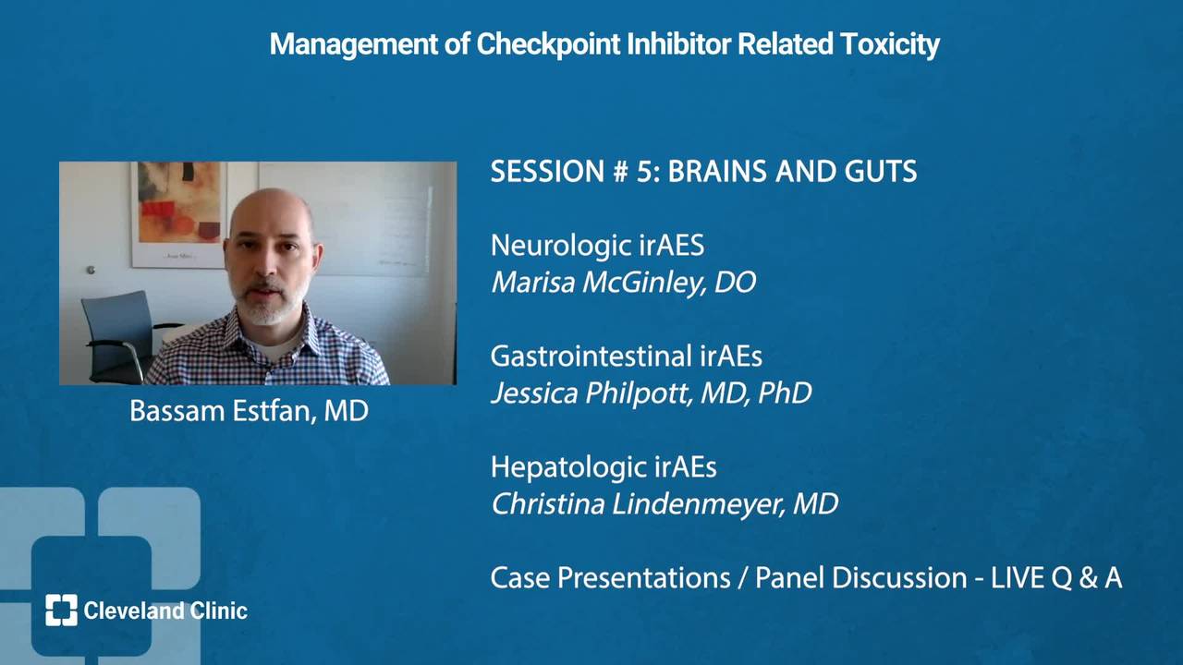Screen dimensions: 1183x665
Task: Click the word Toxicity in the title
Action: click(x=890, y=44)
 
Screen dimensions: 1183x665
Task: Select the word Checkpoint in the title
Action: click(x=548, y=43)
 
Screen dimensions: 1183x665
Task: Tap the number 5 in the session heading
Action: click(x=644, y=172)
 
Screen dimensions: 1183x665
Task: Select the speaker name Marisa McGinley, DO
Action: click(x=623, y=283)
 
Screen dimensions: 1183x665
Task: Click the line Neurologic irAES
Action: click(x=597, y=246)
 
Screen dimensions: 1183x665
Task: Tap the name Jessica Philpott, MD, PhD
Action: click(x=652, y=393)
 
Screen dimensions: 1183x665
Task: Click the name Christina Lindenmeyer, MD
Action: click(x=665, y=504)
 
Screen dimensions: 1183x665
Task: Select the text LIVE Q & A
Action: click(x=1056, y=578)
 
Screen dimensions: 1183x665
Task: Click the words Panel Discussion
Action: click(x=860, y=578)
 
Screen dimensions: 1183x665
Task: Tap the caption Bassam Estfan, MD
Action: click(x=249, y=411)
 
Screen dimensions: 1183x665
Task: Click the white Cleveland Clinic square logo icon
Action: click(x=61, y=611)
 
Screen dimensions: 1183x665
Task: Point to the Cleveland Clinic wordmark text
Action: click(x=165, y=611)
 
